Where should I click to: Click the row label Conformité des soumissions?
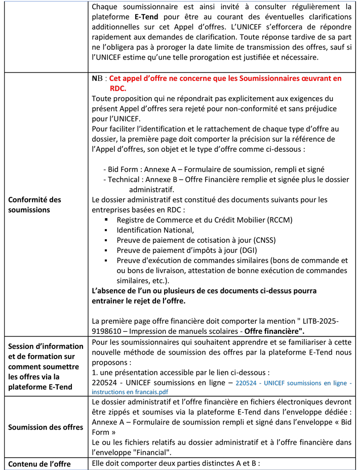point(34,204)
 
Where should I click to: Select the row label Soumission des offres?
point(46,427)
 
